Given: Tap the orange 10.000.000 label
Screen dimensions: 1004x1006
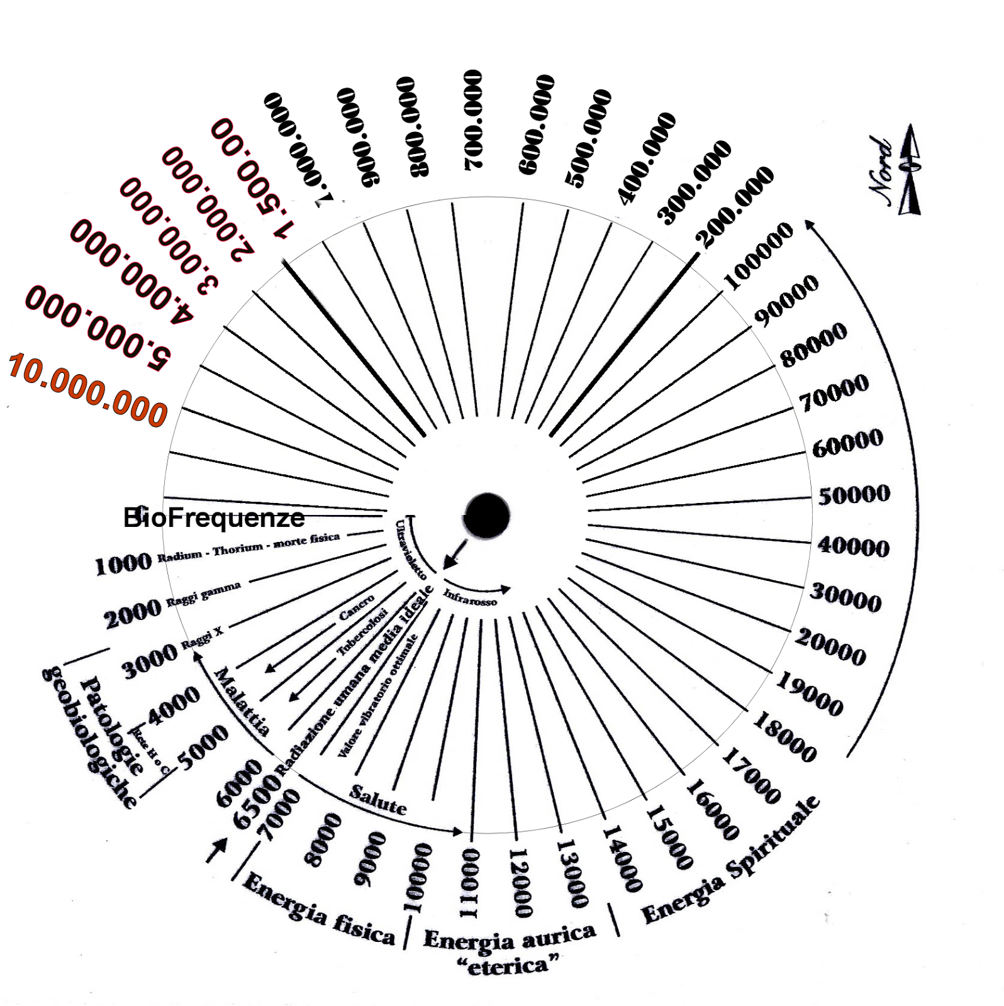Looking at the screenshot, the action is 87,390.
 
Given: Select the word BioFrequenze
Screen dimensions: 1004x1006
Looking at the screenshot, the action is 214,518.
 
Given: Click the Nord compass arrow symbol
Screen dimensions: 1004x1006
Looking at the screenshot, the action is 910,170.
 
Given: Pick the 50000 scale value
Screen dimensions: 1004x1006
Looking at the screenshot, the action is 854,495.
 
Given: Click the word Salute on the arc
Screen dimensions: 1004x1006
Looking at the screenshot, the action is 378,800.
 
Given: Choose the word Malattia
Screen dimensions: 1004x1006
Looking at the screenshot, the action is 242,702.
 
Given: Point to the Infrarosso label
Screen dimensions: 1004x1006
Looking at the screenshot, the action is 470,597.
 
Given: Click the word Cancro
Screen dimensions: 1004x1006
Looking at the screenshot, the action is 357,607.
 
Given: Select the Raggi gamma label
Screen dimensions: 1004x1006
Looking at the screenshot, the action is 203,594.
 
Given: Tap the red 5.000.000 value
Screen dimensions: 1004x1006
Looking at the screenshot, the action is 98,330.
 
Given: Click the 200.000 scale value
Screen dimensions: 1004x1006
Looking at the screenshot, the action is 734,207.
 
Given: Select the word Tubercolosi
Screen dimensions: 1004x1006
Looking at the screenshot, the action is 362,632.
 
